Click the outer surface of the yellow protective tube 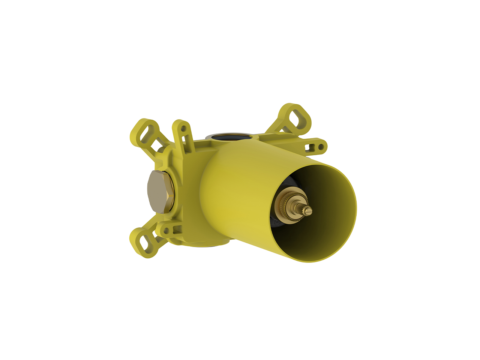(232, 195)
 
